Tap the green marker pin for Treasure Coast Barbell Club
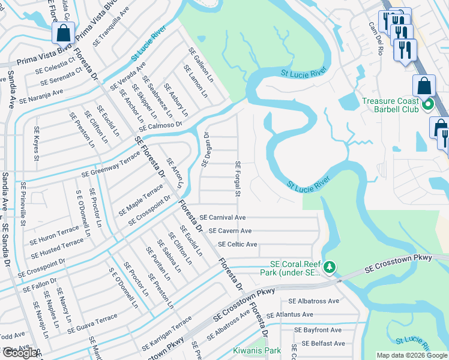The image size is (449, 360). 428,106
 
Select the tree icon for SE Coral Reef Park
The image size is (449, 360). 328,266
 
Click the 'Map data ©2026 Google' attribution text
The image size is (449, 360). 412,355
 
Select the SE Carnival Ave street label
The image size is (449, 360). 223,217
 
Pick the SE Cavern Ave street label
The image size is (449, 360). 229,230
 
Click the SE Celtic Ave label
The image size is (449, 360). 237,244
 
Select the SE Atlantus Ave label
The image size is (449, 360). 290,314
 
